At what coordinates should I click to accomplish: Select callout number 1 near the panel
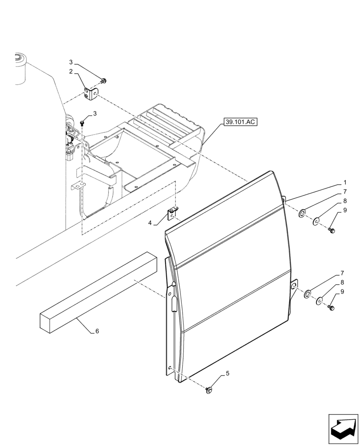pos(345,183)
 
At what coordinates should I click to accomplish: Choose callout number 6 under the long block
pos(97,331)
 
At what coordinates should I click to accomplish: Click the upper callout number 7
pos(344,192)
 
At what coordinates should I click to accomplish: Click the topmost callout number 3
pos(71,62)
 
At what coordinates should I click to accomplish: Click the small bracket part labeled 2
pos(92,94)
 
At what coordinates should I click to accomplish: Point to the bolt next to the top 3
pos(103,81)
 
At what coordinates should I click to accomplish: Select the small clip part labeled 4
pos(173,214)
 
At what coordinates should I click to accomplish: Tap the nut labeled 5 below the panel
pos(208,390)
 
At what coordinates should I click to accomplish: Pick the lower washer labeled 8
pos(319,301)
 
